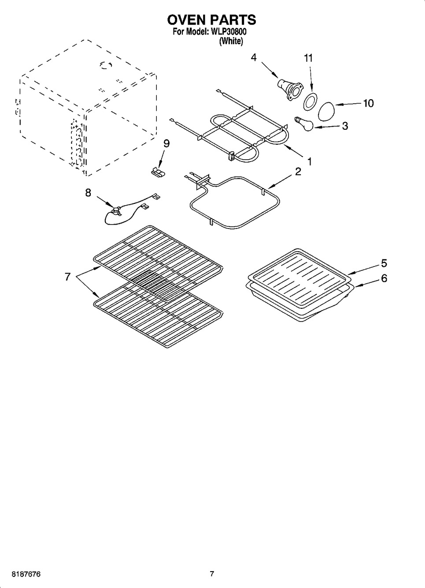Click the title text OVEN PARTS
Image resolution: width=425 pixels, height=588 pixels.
(212, 19)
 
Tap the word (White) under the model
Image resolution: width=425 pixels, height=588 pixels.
(231, 41)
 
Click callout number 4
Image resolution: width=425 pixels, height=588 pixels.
(254, 57)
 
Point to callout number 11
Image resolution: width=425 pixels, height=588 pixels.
(308, 58)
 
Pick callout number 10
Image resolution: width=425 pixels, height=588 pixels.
(368, 103)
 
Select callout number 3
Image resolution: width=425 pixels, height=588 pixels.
(345, 126)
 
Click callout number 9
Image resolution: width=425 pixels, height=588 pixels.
(166, 144)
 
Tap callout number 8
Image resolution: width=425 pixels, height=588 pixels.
(88, 193)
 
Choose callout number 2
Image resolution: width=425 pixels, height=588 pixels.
(298, 172)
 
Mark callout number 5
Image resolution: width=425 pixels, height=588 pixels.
(384, 263)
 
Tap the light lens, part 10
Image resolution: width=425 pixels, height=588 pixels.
(326, 111)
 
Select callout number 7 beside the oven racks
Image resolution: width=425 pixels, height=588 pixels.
(67, 277)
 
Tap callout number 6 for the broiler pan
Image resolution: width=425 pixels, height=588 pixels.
(384, 278)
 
